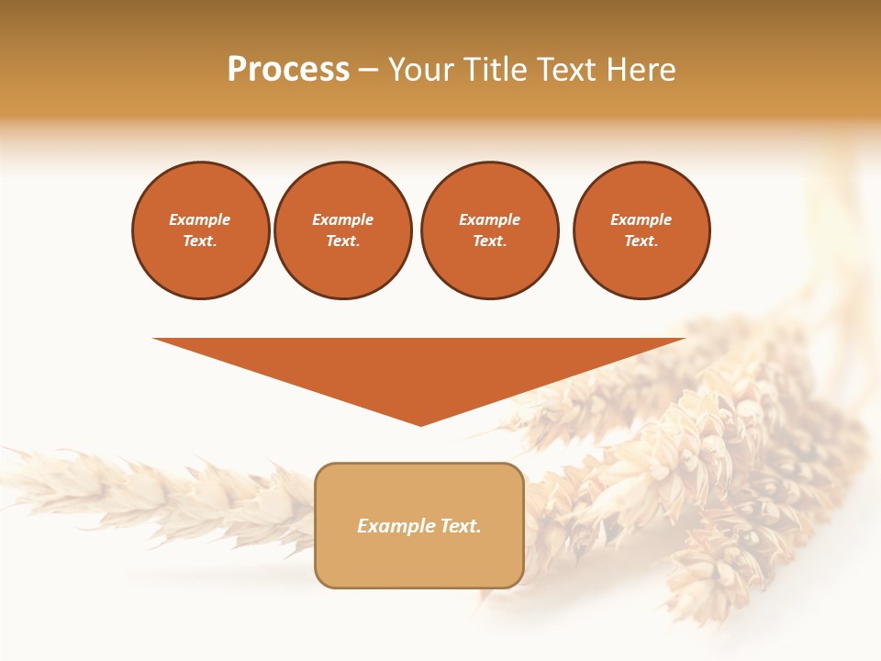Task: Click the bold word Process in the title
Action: point(288,70)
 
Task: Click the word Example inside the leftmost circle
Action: point(200,219)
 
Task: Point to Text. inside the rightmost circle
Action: point(641,241)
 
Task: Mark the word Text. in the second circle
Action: point(343,241)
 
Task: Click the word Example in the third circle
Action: point(489,219)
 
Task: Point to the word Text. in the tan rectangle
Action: point(461,526)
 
